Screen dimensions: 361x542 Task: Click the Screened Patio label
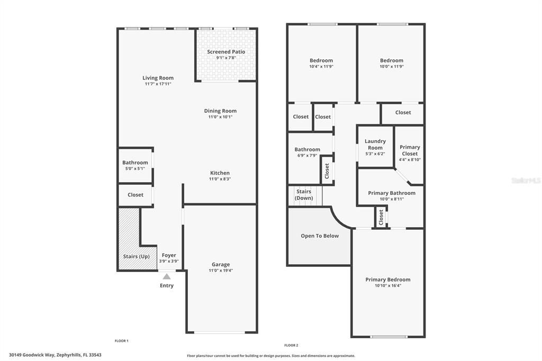[x=226, y=52]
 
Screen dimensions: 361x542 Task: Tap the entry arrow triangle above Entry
[x=167, y=276]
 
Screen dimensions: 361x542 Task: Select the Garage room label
[x=221, y=265]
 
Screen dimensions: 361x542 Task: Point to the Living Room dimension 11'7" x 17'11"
[x=158, y=84]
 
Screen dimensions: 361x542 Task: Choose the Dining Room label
[x=220, y=111]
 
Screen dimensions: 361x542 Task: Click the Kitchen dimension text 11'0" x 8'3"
[x=220, y=179]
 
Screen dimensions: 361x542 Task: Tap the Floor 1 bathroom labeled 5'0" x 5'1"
[x=135, y=165]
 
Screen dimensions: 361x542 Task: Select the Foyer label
[x=169, y=255]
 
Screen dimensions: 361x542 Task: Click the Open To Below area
[x=320, y=236]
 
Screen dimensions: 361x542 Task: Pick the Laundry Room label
[x=375, y=145]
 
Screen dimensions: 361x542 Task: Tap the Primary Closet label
[x=410, y=150]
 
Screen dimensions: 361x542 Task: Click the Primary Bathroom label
[x=392, y=193]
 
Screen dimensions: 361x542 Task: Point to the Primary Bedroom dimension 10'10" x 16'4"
[x=387, y=286]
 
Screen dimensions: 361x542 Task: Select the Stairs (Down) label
[x=304, y=194]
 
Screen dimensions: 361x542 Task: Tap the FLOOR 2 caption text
[x=291, y=345]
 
